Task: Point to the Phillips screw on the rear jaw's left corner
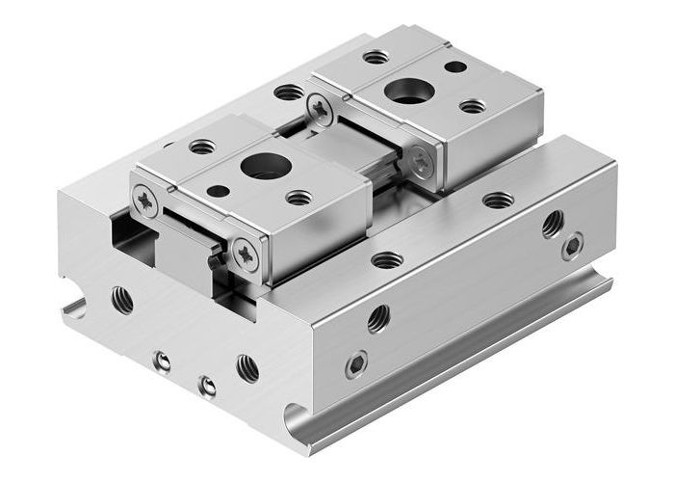coord(319,109)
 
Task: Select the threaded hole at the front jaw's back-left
coord(202,147)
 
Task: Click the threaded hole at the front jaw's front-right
coord(299,198)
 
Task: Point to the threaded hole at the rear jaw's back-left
coord(376,58)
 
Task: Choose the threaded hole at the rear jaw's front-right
coord(472,106)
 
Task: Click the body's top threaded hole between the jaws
coord(287,94)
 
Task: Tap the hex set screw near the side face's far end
coord(573,245)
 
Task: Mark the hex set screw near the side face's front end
coord(356,363)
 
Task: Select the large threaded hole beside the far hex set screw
coord(552,224)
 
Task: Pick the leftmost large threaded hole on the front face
coord(121,299)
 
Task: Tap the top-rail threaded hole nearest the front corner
coord(387,258)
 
